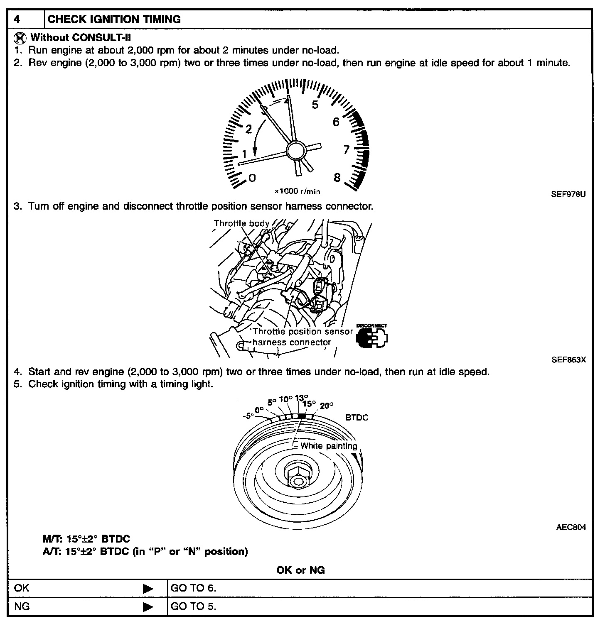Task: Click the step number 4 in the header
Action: point(17,19)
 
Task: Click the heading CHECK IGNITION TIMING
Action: point(114,19)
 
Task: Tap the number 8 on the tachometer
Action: point(337,178)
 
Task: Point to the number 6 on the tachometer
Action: point(336,122)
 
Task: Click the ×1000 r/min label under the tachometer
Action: point(297,191)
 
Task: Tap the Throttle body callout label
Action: point(241,223)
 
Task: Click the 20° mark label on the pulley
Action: point(327,406)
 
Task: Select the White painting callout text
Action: point(328,446)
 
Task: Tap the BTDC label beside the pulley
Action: point(357,418)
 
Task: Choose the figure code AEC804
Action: point(571,528)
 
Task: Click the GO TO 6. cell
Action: point(194,588)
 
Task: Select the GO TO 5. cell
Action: point(194,606)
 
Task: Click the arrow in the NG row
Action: point(148,607)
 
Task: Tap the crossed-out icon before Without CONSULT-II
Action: point(19,38)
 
